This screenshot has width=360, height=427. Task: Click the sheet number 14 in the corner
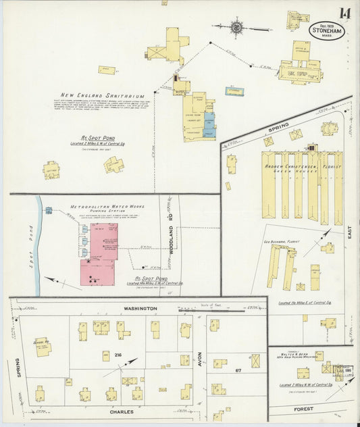(x=344, y=13)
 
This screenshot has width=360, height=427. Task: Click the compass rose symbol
(x=237, y=28)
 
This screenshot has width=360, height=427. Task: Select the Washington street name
(x=139, y=308)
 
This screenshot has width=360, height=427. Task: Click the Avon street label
(x=200, y=358)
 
